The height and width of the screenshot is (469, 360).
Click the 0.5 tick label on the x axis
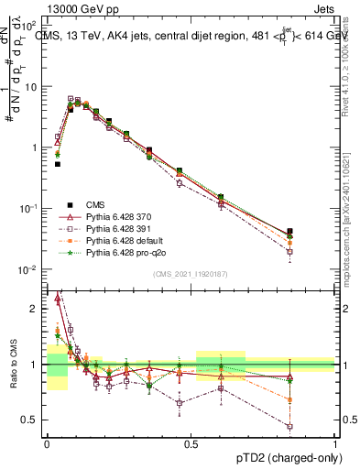[x=191, y=443]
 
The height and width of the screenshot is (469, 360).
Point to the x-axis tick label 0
[x=47, y=443]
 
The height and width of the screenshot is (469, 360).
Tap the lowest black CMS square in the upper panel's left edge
[x=58, y=164]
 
